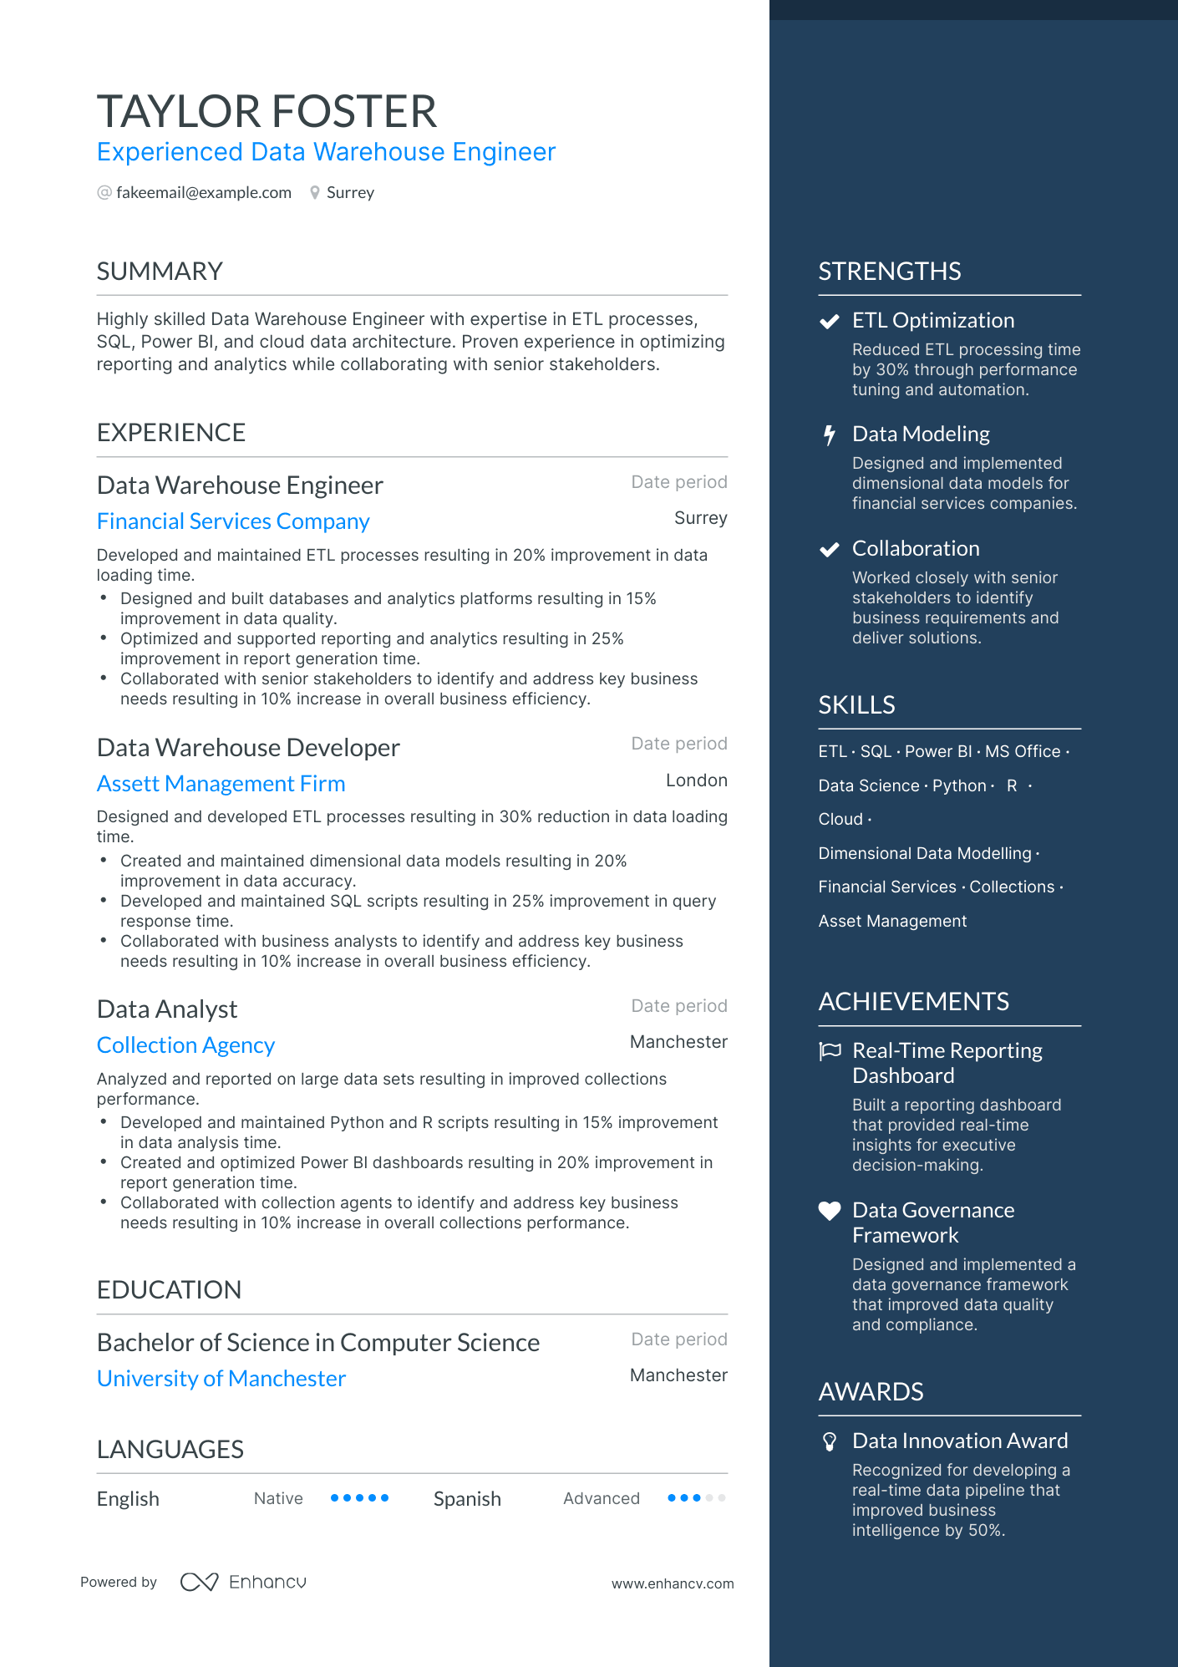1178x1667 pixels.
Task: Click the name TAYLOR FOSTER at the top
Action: [267, 112]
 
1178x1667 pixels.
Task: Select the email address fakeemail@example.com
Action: [204, 193]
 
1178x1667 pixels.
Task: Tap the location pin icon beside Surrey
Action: [315, 193]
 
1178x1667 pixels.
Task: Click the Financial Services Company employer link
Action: [233, 521]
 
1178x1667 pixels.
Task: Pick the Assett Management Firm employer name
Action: [221, 784]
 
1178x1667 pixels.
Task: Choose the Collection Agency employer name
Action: [185, 1045]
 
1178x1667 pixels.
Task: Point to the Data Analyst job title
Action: [167, 1009]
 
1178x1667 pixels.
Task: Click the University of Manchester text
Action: [221, 1379]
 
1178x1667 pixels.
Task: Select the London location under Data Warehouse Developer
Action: [696, 780]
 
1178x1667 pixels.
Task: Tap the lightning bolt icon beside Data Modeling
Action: [829, 435]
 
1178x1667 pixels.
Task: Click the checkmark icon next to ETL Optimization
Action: [829, 322]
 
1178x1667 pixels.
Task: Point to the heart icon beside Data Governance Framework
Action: [829, 1211]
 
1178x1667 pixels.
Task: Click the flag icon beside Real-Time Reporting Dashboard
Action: [830, 1051]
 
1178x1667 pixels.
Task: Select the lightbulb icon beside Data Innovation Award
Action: [829, 1441]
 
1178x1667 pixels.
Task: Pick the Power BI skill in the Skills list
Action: [938, 752]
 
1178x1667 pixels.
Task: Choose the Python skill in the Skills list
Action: [959, 786]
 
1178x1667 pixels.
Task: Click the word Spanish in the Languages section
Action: [467, 1499]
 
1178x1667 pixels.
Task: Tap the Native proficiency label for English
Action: [278, 1499]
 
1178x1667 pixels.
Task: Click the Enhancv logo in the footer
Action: [243, 1582]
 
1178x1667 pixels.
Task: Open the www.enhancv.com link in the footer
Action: [673, 1584]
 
